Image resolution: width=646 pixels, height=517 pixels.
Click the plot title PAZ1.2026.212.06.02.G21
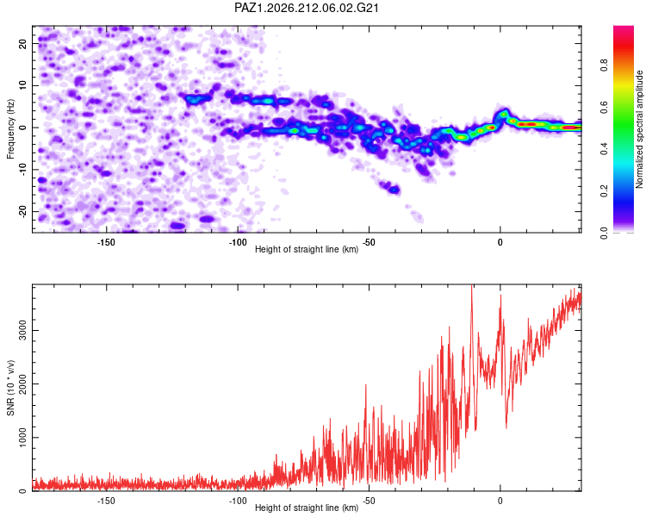pos(306,8)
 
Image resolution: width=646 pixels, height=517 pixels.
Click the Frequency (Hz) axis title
pos(10,128)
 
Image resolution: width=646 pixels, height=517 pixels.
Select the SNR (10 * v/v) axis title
pos(10,388)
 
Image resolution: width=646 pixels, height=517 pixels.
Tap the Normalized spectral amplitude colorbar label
pos(639,129)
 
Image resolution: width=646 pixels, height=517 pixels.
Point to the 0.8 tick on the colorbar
pos(604,65)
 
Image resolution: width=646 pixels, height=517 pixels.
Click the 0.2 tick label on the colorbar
pos(604,191)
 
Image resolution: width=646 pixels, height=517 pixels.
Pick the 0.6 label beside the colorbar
pos(604,107)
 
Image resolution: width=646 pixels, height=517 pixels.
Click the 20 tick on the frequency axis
pos(22,43)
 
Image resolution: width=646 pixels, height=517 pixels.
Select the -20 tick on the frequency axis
pos(22,211)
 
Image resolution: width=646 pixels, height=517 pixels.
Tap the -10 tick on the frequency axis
pos(22,170)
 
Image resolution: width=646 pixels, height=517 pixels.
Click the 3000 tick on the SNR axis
pos(22,330)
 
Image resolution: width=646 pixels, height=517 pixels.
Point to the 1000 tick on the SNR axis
pos(22,438)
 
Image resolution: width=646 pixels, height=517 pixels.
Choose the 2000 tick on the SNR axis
pos(22,383)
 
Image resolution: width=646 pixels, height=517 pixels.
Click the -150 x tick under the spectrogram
pos(106,242)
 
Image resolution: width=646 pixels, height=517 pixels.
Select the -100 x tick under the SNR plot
pos(238,501)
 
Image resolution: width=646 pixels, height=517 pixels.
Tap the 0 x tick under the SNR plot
pos(500,501)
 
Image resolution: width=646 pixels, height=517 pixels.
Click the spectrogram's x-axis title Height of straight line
pos(306,249)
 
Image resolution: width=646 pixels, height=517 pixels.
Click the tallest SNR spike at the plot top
pos(472,286)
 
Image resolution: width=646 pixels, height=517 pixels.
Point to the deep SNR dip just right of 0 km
pos(506,427)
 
